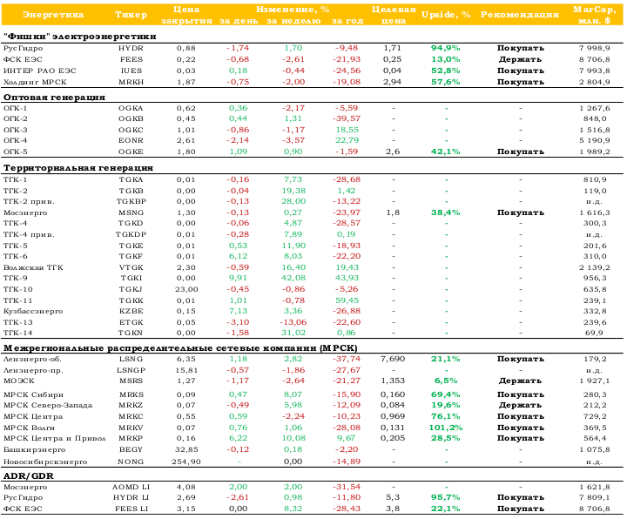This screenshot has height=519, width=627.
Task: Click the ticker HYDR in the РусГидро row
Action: coord(131,49)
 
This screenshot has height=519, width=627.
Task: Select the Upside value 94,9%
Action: coord(446,49)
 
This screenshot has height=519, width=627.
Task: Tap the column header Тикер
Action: coord(131,15)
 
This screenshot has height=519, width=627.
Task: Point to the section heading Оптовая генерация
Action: coord(54,98)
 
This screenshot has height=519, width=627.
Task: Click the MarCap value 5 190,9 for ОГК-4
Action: coord(594,140)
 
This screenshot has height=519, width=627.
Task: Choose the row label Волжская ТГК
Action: coord(33,267)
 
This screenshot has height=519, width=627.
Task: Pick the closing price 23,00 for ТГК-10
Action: coord(186,289)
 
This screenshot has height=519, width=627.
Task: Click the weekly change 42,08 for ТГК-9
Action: coord(293,278)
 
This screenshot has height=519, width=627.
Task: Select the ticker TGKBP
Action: coord(131,201)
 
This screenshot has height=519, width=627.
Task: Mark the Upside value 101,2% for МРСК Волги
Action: coord(446,428)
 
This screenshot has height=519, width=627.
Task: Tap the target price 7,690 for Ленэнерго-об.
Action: coord(393,359)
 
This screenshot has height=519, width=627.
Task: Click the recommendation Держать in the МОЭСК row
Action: coord(520,381)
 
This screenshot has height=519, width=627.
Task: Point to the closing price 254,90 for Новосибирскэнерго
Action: coord(186,462)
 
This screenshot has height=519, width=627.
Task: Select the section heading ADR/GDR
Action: coord(29,476)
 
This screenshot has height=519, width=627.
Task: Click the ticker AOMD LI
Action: coord(131,487)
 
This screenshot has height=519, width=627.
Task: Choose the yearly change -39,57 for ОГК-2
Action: coord(347,118)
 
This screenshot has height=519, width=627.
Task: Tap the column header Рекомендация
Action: coord(519,15)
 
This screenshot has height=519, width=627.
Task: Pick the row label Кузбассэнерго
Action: coord(33,311)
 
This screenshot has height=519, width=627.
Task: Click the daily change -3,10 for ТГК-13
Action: coord(238,322)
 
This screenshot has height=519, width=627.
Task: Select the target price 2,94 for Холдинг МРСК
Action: coord(392,82)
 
